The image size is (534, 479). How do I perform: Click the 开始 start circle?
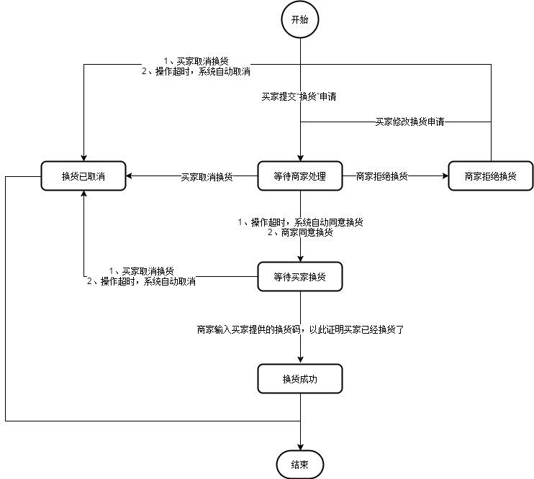[300, 20]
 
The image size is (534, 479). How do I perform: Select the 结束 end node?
[300, 465]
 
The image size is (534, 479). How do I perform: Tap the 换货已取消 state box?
[83, 176]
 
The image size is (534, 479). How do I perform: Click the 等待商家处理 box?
[300, 176]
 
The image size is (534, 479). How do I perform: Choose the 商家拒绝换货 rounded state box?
[490, 176]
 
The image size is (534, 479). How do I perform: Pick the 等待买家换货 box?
[300, 276]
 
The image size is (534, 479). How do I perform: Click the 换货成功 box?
[300, 379]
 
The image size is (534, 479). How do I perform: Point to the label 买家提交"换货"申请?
[299, 96]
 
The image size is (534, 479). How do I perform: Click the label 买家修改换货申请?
[409, 122]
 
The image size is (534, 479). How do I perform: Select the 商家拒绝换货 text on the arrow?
[381, 176]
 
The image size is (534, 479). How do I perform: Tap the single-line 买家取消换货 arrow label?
[207, 176]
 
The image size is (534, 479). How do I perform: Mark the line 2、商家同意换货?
[300, 232]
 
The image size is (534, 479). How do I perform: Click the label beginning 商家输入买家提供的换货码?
[300, 329]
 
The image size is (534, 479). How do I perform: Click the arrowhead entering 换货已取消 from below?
[84, 195]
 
